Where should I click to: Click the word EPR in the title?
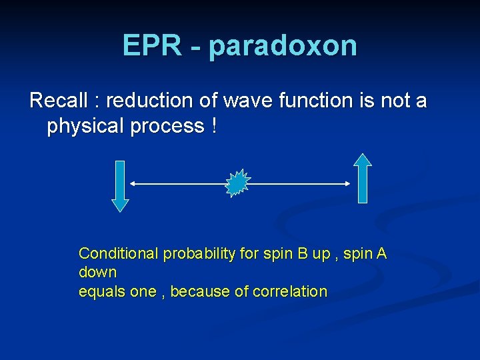pos(151,45)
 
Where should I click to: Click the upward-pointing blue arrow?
pos(362,178)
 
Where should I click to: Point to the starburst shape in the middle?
pos(237,183)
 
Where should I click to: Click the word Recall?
pos(59,101)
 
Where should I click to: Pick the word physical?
pos(89,126)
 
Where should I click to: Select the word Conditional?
pos(119,253)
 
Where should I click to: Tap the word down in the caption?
pos(97,272)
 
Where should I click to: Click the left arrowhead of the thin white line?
pos(132,183)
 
